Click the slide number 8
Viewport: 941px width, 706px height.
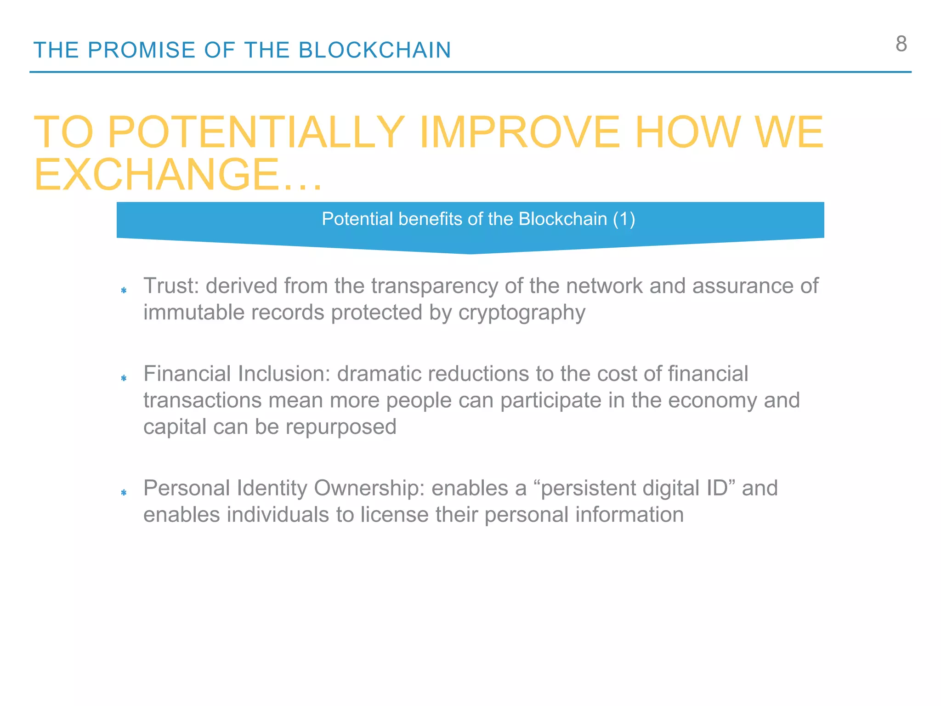901,44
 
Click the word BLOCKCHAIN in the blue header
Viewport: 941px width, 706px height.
374,50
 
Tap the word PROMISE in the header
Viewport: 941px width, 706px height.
142,50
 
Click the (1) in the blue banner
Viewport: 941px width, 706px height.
624,219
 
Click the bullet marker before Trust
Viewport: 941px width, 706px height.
124,290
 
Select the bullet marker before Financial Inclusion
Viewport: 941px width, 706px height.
124,378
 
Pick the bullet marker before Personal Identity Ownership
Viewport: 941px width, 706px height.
124,492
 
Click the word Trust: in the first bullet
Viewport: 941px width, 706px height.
171,286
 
